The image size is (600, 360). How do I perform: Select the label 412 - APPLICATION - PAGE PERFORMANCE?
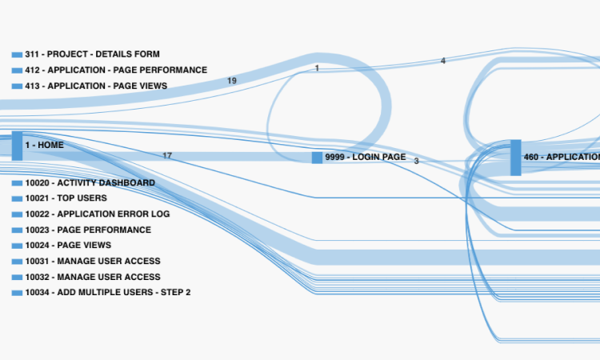coord(116,70)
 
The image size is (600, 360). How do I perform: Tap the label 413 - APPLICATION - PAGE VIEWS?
coord(96,86)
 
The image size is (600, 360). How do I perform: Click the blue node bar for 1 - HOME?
coord(17,146)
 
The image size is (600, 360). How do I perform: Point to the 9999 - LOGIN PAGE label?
coord(366,158)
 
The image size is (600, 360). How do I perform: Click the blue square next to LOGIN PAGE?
coord(318,158)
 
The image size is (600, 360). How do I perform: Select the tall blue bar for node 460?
coord(515,158)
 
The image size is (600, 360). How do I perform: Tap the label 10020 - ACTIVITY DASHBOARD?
coord(90,183)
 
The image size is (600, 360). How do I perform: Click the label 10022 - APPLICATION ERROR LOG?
coord(97,214)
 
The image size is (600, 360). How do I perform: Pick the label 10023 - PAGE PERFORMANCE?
coord(87,230)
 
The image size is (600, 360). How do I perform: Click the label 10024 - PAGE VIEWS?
coord(68,246)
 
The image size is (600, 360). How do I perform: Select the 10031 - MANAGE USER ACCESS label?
coord(92,261)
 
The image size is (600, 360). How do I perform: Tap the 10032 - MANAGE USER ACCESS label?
coord(92,277)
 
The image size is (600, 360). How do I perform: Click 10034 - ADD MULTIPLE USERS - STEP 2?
coord(107,293)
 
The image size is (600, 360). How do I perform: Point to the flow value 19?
coord(232,81)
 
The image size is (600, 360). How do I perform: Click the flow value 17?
coord(167,156)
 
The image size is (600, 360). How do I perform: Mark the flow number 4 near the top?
coord(443,61)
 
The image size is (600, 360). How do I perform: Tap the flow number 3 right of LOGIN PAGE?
coord(416,162)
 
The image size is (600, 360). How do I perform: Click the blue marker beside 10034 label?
coord(17,293)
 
